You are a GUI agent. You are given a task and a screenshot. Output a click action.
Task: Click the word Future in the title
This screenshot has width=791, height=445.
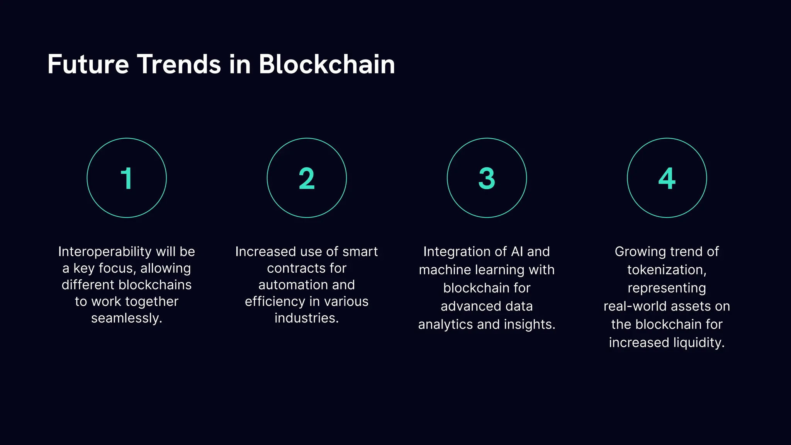88,64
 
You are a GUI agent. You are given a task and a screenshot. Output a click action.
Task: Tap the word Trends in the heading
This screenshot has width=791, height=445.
179,64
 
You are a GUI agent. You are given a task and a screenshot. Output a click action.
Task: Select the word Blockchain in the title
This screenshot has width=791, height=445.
327,64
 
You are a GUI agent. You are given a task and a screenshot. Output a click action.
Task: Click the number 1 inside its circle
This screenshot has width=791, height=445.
127,178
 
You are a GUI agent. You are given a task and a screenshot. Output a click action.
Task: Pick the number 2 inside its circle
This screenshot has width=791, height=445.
307,178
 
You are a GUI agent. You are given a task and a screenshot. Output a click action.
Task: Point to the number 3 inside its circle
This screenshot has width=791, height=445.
487,178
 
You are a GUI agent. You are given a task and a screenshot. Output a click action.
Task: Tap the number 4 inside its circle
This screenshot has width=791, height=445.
667,178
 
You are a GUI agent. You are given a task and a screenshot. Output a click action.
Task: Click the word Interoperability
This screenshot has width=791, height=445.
105,252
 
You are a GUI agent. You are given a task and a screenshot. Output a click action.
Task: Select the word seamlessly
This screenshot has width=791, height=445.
126,318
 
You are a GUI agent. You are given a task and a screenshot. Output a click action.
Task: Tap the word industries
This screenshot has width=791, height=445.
306,318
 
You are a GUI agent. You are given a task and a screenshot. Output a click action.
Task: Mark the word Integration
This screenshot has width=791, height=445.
457,252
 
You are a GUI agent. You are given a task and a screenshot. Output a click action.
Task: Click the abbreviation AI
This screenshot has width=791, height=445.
517,252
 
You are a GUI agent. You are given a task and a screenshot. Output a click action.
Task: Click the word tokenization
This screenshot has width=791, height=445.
666,270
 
